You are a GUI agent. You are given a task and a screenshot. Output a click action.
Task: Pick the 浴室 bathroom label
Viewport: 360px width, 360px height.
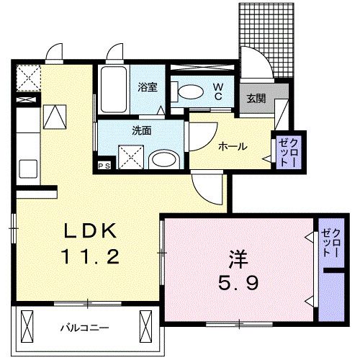click(x=148, y=87)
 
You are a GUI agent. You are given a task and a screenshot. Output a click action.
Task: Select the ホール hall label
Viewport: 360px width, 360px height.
click(x=233, y=147)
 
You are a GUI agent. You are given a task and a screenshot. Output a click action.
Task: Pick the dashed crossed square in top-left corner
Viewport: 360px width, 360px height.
click(x=29, y=76)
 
